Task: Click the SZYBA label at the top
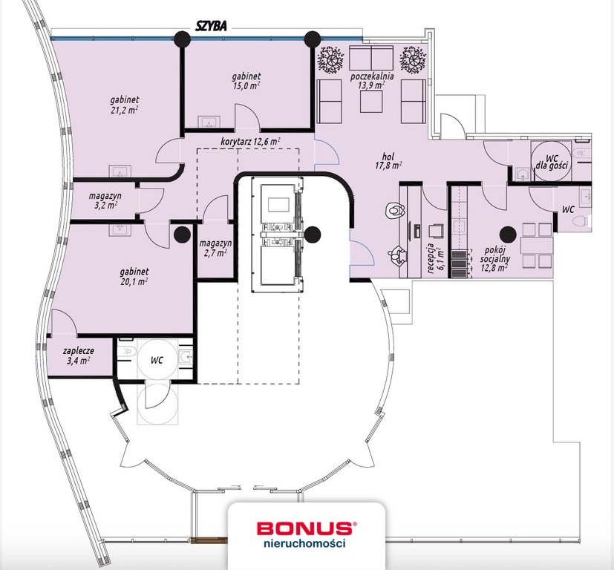tap(210, 24)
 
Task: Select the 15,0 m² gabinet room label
tap(245, 81)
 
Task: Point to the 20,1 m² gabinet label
tap(131, 277)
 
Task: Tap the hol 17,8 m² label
tap(387, 161)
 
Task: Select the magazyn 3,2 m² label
tap(104, 200)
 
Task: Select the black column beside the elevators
tap(313, 235)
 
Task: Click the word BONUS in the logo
tap(304, 528)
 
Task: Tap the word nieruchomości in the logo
tap(304, 543)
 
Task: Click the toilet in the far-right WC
tap(584, 220)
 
